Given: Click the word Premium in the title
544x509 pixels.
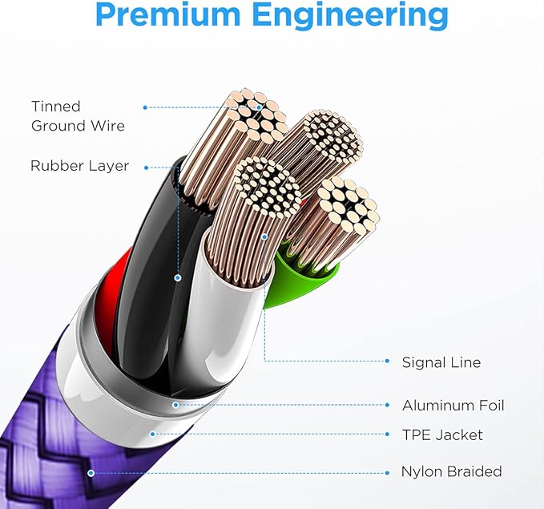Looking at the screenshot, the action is click(167, 14).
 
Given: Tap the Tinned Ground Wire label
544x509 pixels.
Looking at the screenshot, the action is click(78, 116).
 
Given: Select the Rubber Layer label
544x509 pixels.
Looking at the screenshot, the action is click(79, 166).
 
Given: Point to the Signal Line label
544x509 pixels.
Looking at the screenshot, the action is click(441, 362).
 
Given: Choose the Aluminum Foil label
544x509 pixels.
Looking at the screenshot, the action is click(453, 405).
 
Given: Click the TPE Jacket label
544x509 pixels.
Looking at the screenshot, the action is click(442, 434).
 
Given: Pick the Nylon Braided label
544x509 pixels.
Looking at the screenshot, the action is click(451, 471).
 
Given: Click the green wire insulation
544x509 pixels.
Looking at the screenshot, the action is click(301, 281).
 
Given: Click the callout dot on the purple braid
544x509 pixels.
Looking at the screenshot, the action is click(91, 473).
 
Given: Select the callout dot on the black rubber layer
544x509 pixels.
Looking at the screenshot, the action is click(178, 278).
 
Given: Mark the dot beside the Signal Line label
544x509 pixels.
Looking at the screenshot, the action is click(387, 361).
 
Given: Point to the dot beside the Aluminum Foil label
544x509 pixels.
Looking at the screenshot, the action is click(387, 405).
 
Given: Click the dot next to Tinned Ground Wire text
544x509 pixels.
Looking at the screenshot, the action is click(145, 107).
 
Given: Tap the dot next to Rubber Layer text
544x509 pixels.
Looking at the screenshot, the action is click(146, 168).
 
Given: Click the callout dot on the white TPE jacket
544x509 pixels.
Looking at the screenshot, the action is click(152, 434).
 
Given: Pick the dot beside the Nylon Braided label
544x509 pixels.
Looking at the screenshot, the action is click(387, 473).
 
